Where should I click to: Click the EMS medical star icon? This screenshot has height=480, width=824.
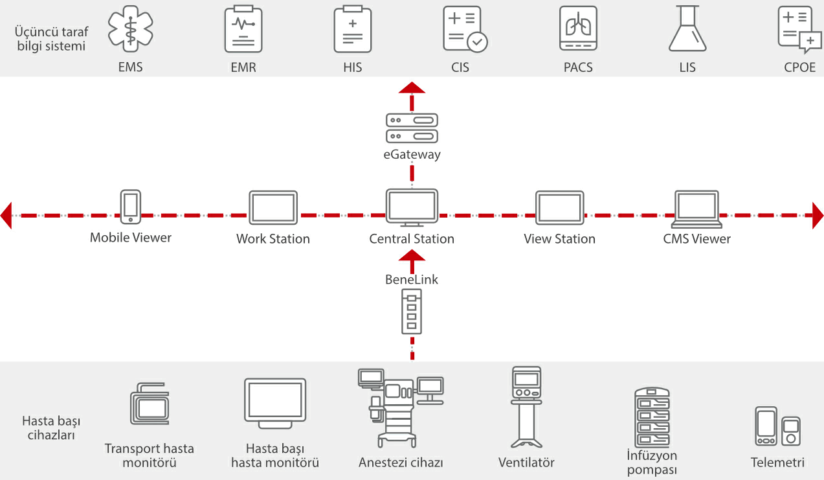[131, 29]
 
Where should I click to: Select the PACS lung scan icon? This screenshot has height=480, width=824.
[578, 29]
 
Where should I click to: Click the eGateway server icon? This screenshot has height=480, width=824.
[412, 128]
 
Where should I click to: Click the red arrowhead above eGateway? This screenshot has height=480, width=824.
[412, 88]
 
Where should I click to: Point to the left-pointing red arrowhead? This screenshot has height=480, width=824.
[6, 215]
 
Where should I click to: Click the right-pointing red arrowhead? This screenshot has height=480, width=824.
[818, 215]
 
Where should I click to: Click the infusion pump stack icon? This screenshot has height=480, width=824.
[652, 418]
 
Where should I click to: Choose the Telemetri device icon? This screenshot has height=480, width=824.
[777, 426]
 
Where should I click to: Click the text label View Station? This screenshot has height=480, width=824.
[559, 239]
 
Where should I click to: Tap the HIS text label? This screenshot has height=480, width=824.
[353, 67]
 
